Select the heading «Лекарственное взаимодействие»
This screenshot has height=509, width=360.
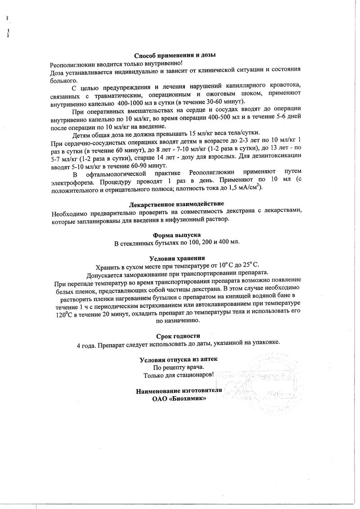tap(176, 204)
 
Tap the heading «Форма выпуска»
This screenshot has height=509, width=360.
tap(176, 235)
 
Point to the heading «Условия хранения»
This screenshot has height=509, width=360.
tap(177, 258)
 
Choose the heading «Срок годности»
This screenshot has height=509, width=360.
tap(178, 336)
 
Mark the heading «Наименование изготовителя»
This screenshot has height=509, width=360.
tap(179, 392)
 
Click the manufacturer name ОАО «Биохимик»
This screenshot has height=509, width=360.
tap(179, 399)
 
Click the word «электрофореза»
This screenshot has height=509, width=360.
tap(72, 180)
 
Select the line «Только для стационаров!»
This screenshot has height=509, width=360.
tap(178, 375)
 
